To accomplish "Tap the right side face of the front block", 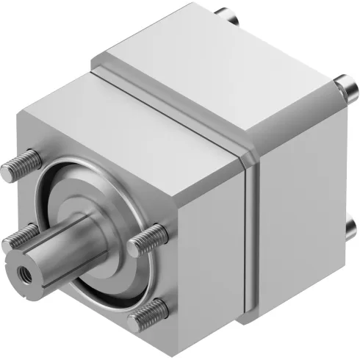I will [213, 235].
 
